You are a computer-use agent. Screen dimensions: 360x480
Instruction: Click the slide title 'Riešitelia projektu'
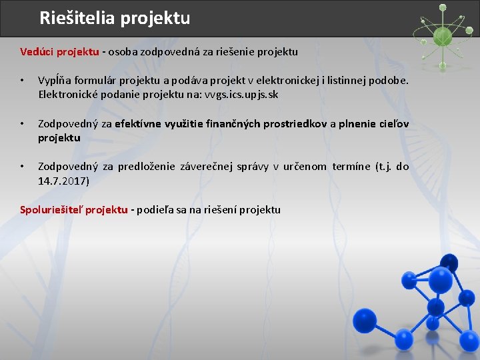click(115, 18)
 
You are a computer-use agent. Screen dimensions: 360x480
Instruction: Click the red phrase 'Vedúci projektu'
click(60, 52)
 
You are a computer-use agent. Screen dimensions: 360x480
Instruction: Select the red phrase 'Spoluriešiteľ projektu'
click(73, 210)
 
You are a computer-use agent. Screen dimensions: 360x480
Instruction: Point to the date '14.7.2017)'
click(64, 181)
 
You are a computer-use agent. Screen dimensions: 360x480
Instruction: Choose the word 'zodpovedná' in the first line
click(170, 52)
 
